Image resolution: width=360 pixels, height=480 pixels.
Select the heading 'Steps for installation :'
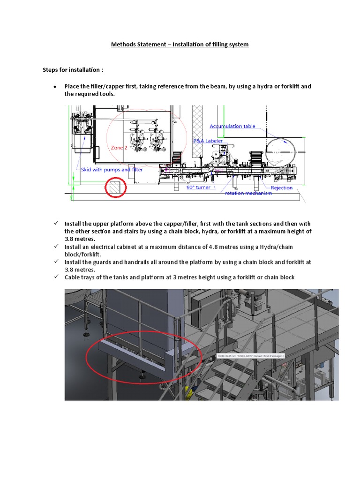73,70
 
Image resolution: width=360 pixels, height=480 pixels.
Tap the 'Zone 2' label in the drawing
119,148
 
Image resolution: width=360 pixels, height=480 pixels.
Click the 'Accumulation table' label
232,126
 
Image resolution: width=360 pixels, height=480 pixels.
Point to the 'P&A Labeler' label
208,141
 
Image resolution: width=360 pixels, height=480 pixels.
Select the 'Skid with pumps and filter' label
112,170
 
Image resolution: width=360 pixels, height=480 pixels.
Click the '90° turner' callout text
198,187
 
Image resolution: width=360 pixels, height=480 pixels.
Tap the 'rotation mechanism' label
248,193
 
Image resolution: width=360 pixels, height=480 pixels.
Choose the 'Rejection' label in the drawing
281,187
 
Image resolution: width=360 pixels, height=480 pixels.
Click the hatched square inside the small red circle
115,188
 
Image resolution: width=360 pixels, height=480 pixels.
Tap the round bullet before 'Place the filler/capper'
55,87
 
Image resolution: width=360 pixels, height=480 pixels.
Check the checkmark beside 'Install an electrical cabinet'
55,247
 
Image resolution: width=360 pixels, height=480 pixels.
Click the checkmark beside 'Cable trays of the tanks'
55,277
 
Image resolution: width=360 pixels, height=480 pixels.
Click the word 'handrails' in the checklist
128,262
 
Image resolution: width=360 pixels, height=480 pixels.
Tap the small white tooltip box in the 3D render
251,356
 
